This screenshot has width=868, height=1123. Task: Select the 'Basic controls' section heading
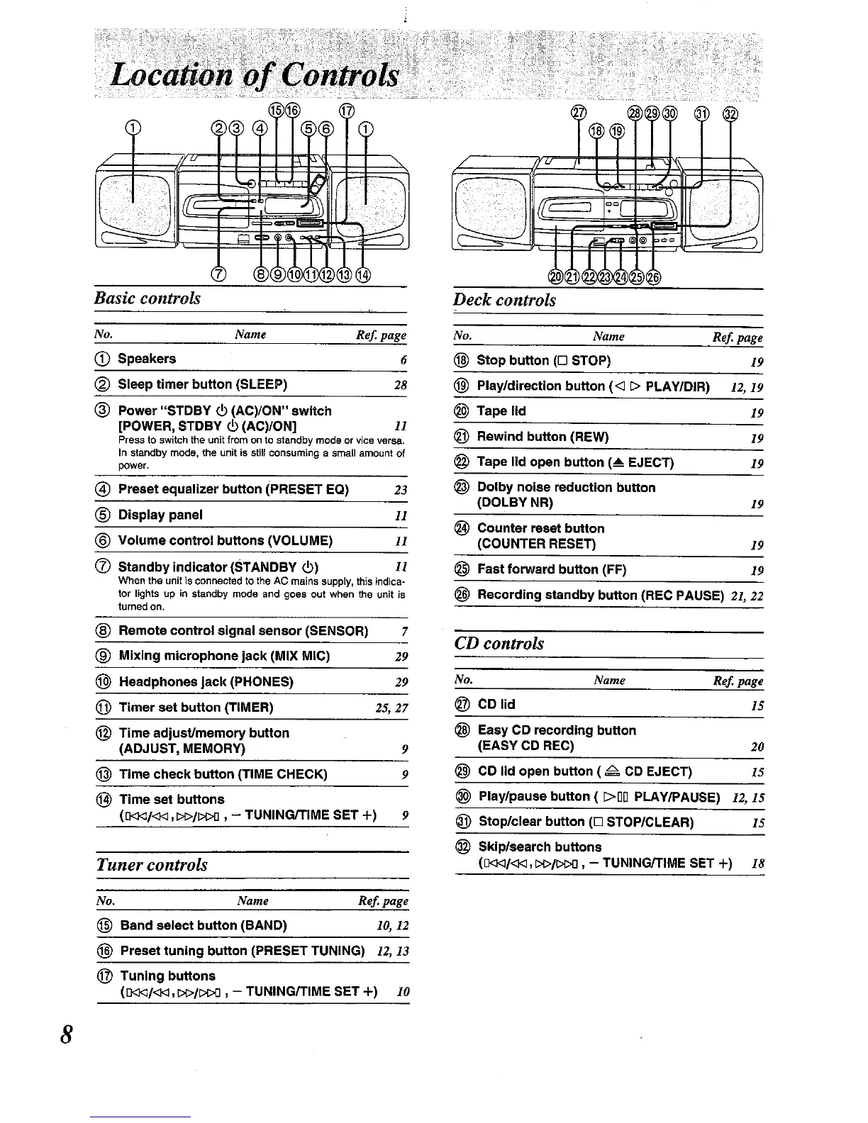point(148,298)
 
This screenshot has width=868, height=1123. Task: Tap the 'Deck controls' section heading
point(504,300)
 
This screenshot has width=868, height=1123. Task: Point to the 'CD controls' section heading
point(499,644)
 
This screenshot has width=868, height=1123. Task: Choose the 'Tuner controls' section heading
point(152,865)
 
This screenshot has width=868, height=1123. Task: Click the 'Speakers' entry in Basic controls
point(147,359)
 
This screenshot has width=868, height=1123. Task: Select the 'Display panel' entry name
point(160,515)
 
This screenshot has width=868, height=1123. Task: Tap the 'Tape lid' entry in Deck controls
point(501,411)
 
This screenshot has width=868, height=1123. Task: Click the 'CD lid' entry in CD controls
point(496,705)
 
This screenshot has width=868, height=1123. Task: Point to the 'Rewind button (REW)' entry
point(542,437)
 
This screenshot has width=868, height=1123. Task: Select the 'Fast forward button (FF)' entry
point(552,569)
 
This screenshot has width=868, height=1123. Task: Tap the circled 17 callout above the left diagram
point(346,111)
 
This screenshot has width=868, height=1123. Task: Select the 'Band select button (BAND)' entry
point(204,926)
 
